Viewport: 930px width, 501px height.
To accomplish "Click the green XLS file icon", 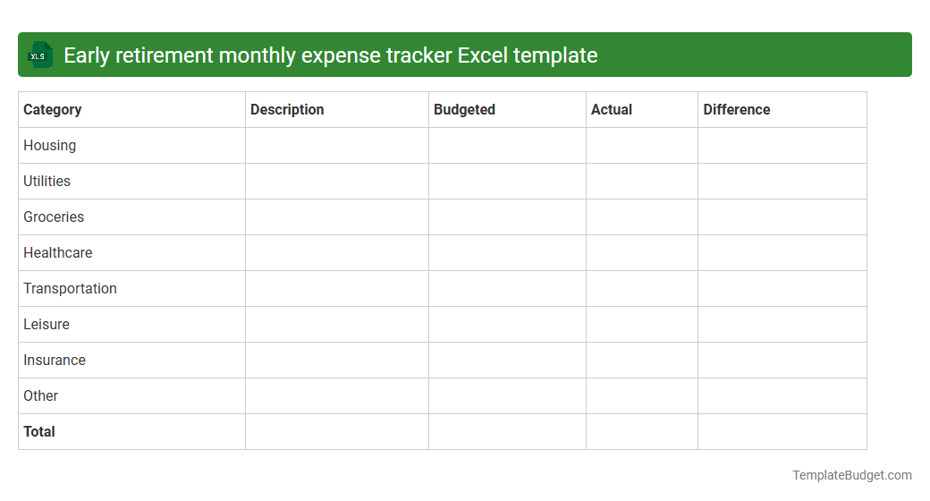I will tap(40, 55).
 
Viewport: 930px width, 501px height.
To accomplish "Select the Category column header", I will tap(53, 110).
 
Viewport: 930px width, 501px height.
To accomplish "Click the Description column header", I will tap(287, 110).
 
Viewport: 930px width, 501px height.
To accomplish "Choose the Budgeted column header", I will tap(464, 110).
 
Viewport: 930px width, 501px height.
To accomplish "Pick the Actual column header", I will tap(612, 110).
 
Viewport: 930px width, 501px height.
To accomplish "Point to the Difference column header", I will tap(737, 110).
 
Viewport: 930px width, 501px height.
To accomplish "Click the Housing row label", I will tap(50, 146).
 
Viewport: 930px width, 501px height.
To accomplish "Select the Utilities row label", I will tap(47, 182).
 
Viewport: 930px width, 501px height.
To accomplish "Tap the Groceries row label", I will tap(54, 217).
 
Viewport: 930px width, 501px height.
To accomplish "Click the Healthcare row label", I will tap(58, 253).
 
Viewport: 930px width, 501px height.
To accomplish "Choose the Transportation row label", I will tap(71, 289).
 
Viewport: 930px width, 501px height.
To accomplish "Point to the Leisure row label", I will tap(46, 325).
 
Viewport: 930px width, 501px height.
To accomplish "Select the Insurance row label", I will tap(55, 361).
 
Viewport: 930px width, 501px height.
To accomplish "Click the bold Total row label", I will tap(39, 432).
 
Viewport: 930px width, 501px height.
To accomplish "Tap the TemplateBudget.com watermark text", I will tap(852, 475).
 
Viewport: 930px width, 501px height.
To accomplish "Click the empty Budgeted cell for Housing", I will tap(507, 146).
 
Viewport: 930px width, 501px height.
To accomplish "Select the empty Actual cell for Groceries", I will tap(642, 217).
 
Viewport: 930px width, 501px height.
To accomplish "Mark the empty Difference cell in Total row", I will tap(782, 432).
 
